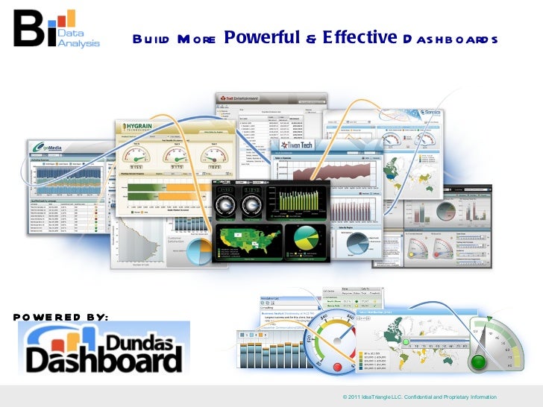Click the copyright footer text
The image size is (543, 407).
[418, 397]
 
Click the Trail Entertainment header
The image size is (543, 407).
[240, 98]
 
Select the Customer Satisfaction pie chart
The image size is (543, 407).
[199, 250]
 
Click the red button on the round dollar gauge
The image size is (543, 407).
[342, 366]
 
